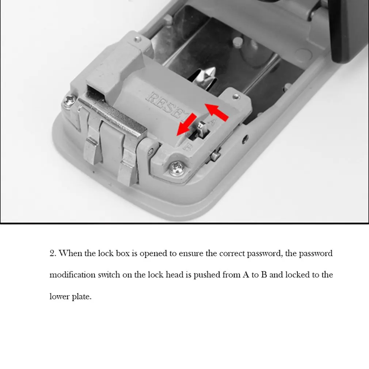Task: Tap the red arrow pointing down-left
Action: coord(186,125)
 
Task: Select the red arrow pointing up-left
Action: coord(217,112)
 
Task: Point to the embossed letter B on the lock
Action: coord(187,147)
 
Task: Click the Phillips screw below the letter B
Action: coord(177,168)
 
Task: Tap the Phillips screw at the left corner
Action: coord(69,101)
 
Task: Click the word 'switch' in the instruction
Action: coord(109,275)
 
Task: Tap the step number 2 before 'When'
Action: coord(53,253)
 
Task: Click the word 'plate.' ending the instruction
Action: coord(82,297)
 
